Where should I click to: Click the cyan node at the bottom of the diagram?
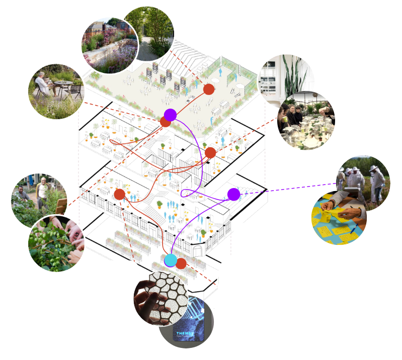[171, 260]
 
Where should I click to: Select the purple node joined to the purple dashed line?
[233, 194]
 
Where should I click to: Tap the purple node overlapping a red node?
[170, 115]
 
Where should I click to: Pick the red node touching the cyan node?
[181, 263]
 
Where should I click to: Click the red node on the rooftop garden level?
[209, 89]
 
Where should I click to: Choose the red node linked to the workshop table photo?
[210, 153]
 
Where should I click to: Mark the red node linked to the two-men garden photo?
[119, 194]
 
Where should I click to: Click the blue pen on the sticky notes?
[355, 229]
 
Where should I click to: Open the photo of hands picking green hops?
[55, 242]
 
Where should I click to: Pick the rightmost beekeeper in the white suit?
[376, 181]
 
